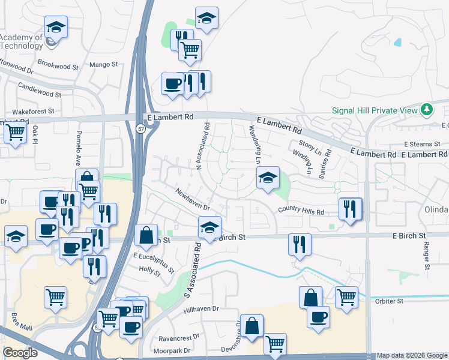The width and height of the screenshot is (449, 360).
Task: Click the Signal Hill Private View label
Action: (x=375, y=110)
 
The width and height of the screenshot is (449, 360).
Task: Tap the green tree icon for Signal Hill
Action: (x=427, y=110)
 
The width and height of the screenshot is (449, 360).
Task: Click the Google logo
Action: (x=20, y=353)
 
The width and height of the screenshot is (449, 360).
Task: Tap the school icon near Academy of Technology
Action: (x=56, y=28)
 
